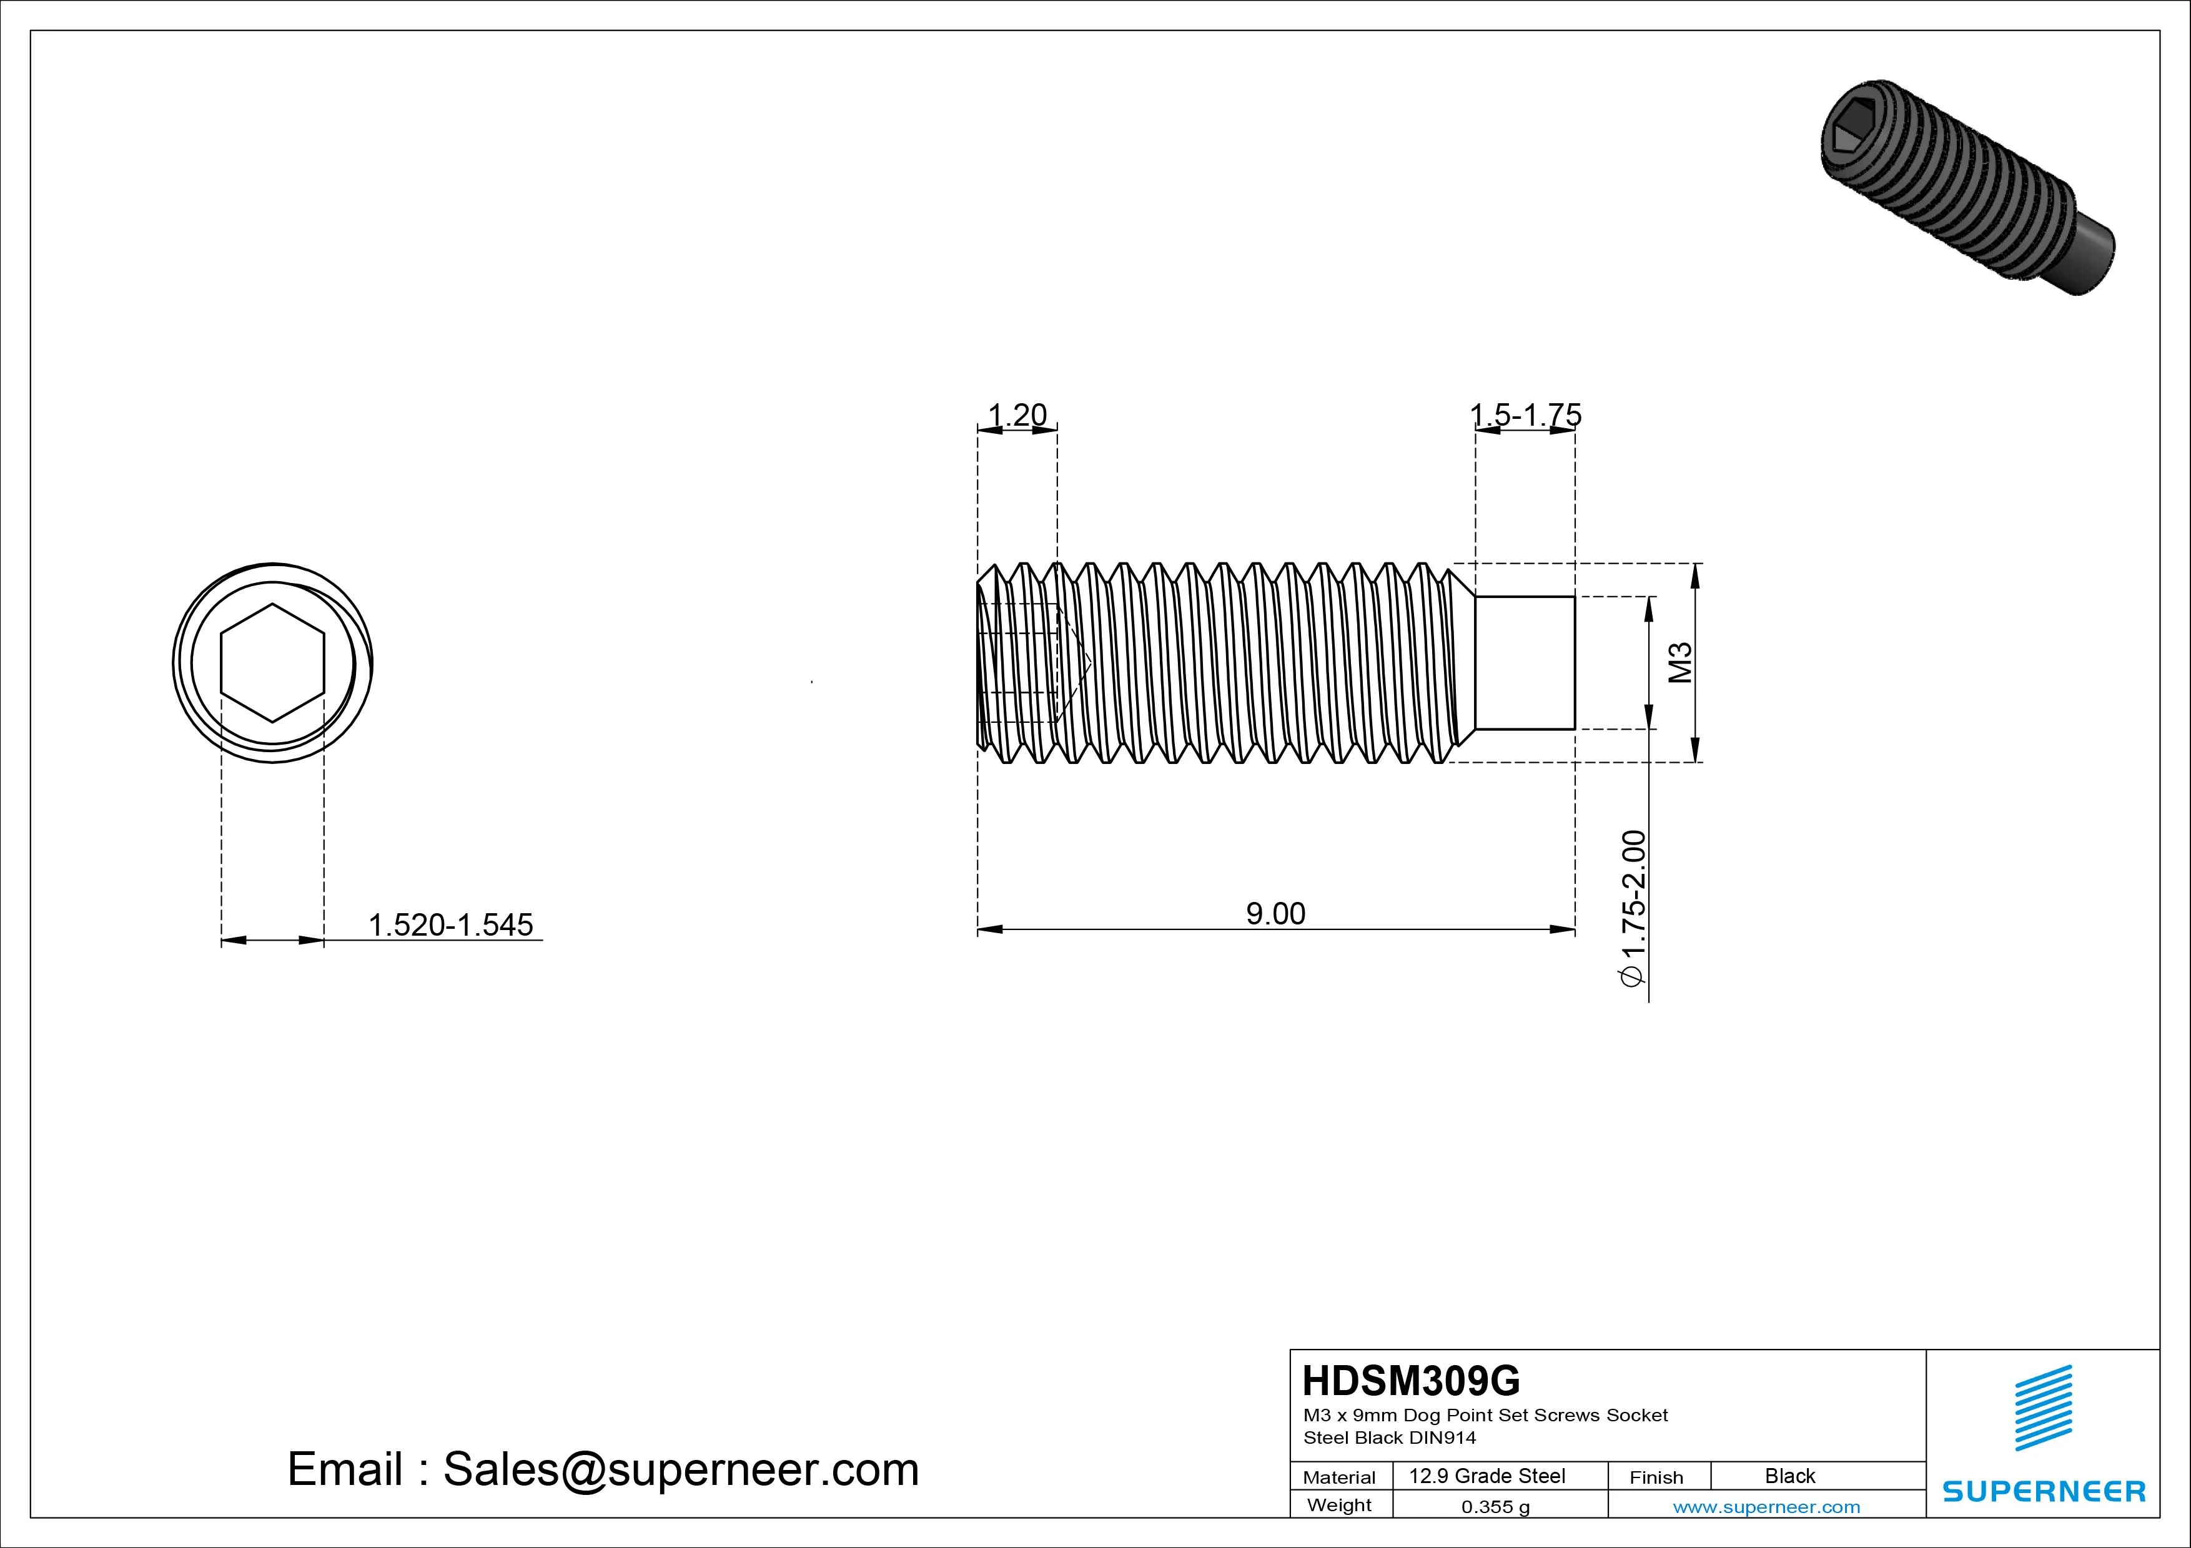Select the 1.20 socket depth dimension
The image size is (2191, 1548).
pos(1017,415)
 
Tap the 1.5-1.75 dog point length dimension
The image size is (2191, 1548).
pos(1525,415)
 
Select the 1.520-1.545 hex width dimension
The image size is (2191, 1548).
pos(450,924)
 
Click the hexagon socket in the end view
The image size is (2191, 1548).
pos(273,663)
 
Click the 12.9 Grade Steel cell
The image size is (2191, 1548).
pos(1486,1476)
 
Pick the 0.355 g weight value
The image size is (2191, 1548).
pos(1495,1507)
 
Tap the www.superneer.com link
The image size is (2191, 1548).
pos(1766,1507)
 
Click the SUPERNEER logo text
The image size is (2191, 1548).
pos(2043,1491)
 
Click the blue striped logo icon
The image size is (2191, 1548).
pos(2043,1408)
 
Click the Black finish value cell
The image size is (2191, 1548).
pos(1789,1476)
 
